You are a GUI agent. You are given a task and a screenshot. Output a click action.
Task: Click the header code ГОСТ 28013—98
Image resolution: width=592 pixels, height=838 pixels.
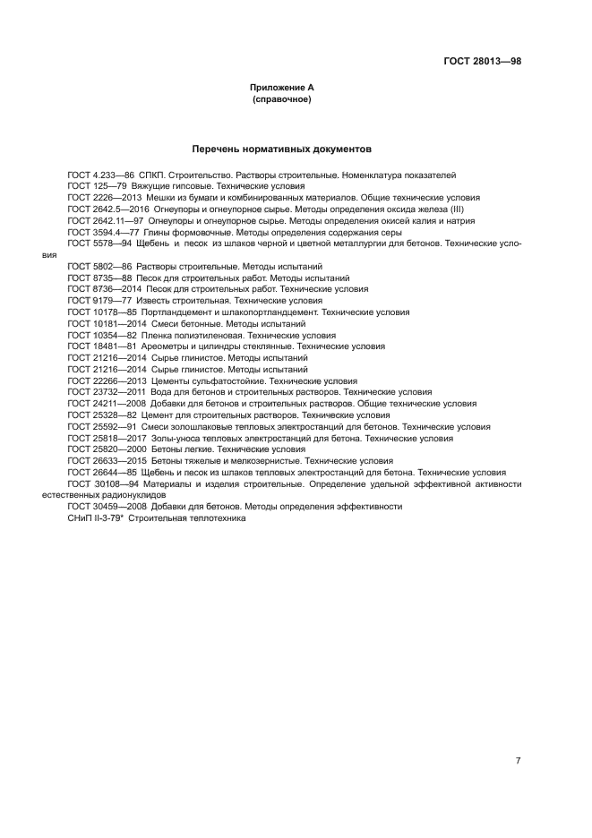coord(483,61)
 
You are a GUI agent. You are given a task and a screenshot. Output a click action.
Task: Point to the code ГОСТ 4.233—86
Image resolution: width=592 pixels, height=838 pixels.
coord(100,175)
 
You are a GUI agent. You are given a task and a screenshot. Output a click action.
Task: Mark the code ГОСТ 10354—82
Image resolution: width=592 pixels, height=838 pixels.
coord(102,335)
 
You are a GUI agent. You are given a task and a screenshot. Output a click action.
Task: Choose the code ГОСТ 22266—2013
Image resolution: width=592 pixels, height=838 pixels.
coord(106,381)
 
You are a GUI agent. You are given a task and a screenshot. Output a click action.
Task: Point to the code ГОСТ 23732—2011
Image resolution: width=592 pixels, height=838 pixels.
coord(106,392)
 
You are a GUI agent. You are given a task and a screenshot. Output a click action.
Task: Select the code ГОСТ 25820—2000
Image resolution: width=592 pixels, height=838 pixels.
coord(106,449)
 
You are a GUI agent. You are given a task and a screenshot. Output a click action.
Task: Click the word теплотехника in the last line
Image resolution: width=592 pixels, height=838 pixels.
coord(214,518)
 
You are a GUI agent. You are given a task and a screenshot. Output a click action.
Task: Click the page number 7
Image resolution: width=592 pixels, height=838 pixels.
coord(518,761)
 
